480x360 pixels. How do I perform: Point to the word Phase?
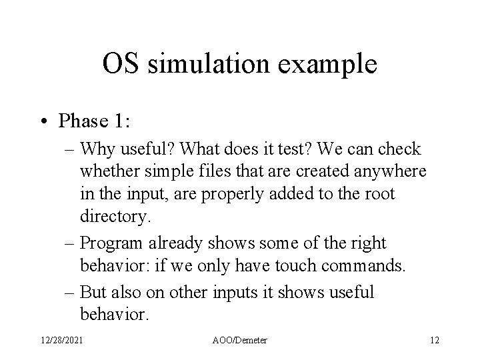pos(83,121)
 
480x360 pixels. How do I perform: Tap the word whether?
pos(107,172)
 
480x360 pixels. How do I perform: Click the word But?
pos(92,292)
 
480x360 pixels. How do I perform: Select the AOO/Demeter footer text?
pos(241,340)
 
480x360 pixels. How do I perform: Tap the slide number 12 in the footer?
pos(434,340)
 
